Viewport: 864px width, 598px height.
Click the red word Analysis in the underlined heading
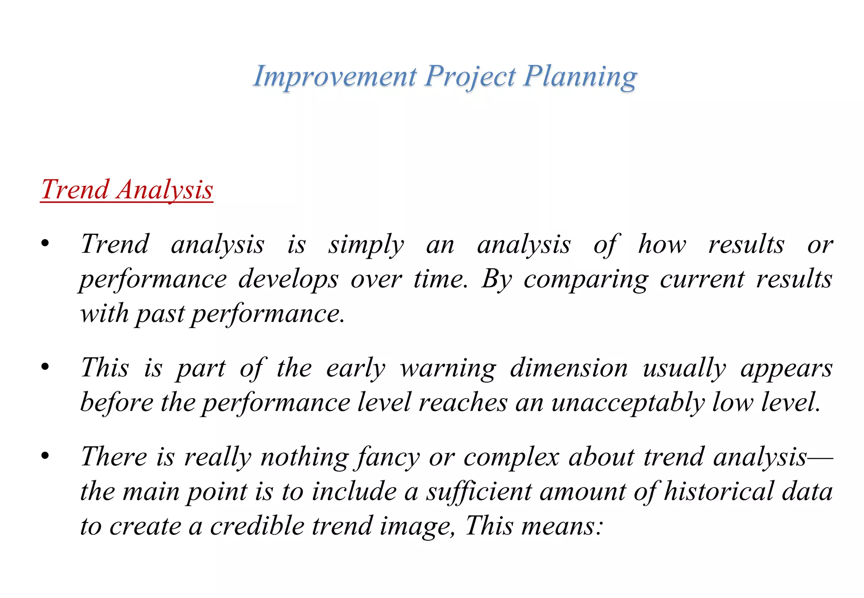(x=165, y=190)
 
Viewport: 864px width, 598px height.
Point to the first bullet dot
(x=45, y=244)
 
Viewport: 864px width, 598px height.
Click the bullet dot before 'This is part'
(x=45, y=367)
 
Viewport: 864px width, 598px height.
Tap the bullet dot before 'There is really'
(x=45, y=456)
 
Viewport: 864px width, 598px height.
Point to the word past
(x=160, y=315)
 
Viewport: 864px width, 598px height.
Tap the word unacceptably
(x=628, y=403)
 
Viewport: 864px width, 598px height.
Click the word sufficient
(x=479, y=492)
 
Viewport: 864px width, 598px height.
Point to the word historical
(x=719, y=492)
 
